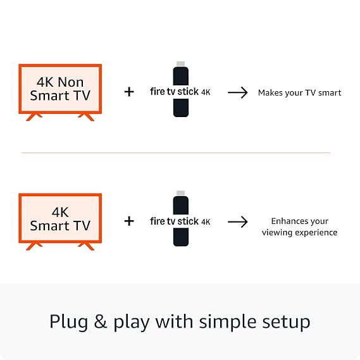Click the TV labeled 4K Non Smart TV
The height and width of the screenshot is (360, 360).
[59, 90]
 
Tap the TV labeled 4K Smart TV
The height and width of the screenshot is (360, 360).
[59, 219]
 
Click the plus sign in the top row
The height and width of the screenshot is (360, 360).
[129, 92]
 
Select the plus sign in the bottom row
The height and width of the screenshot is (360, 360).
[129, 221]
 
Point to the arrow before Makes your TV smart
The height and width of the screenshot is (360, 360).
[237, 92]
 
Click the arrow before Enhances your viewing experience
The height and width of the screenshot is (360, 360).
[237, 221]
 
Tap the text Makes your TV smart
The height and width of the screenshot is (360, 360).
[299, 92]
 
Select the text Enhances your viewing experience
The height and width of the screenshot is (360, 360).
[299, 227]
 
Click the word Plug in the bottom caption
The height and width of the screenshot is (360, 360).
[68, 321]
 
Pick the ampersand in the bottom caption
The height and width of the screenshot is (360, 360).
[101, 321]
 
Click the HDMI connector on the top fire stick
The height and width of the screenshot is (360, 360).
[181, 65]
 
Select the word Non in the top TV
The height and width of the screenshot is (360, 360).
[75, 82]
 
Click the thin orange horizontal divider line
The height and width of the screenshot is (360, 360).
[176, 152]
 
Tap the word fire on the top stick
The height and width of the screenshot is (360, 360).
[158, 91]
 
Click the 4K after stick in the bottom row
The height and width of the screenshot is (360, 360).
[206, 221]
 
